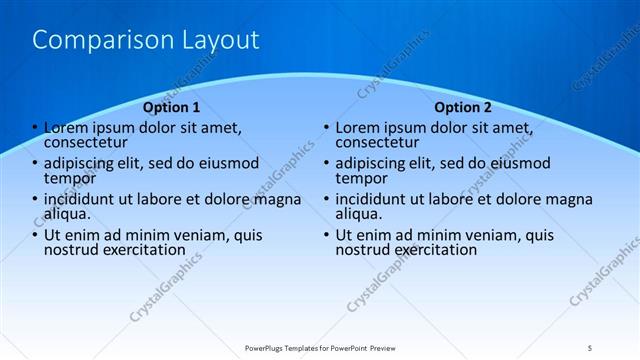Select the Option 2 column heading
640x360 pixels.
coord(463,107)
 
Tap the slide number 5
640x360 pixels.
coord(590,348)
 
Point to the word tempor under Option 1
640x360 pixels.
coord(70,179)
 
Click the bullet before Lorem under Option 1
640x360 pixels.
coord(35,128)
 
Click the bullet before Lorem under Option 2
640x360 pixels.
coord(327,128)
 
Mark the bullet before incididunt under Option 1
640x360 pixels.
coord(35,199)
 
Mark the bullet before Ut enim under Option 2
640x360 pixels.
coord(327,235)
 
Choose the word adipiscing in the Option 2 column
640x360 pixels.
coord(370,163)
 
